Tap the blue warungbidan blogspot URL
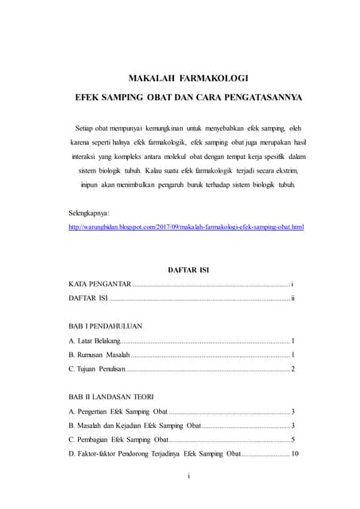[x=186, y=227]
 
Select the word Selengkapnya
[x=90, y=214]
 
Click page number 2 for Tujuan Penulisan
[x=293, y=368]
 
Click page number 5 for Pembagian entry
[x=293, y=439]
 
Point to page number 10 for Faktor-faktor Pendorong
[x=294, y=453]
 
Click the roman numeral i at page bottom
[x=188, y=476]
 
